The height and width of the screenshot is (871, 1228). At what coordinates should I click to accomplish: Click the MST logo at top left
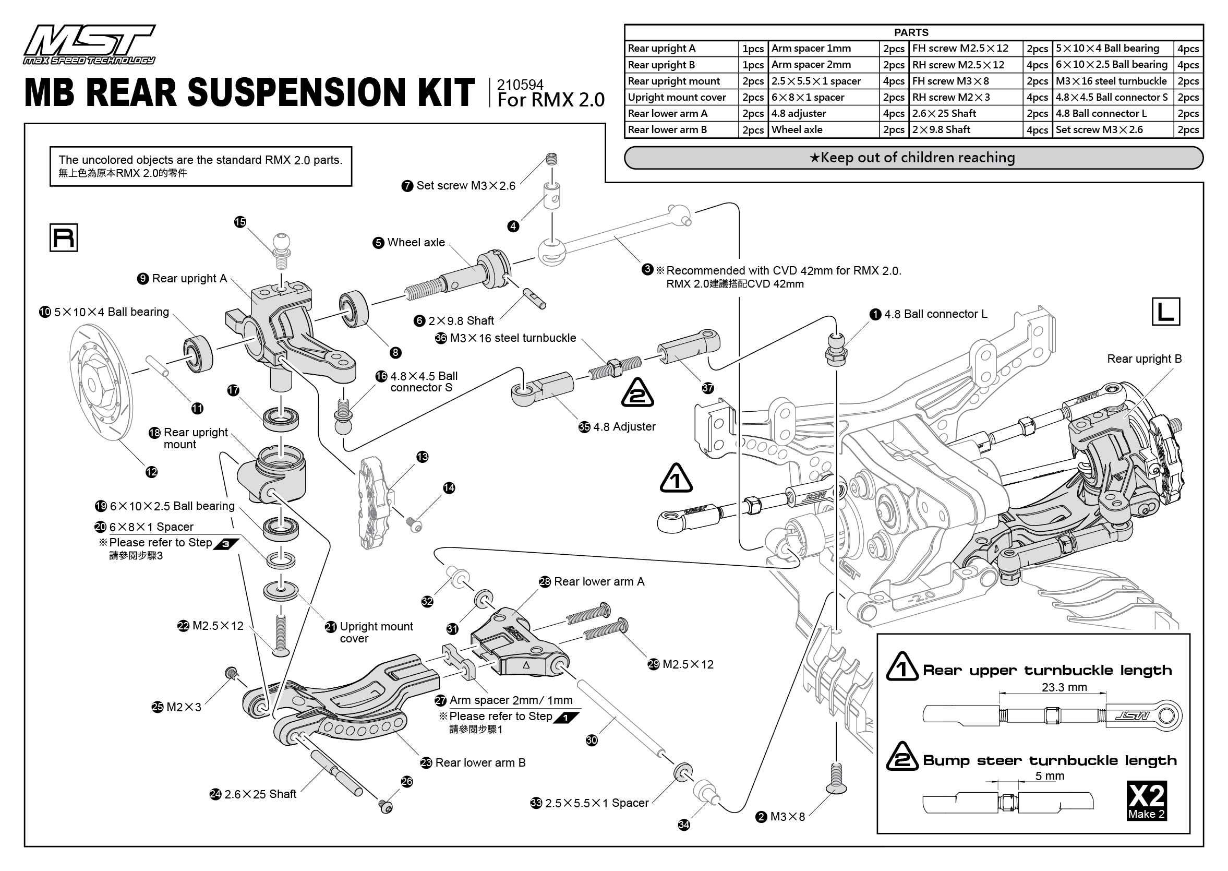coord(89,44)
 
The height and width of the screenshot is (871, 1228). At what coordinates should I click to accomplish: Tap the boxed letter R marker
coord(63,237)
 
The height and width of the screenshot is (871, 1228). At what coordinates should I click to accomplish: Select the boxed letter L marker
coord(1165,312)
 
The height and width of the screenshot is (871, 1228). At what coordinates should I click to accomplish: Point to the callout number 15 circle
coord(240,222)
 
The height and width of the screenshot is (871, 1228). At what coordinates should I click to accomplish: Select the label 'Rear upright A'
coord(189,278)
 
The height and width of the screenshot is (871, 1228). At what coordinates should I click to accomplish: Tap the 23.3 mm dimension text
coord(1064,687)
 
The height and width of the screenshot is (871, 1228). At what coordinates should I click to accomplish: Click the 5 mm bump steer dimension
coord(1049,775)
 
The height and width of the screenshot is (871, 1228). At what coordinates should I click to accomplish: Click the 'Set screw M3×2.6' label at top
coord(465,186)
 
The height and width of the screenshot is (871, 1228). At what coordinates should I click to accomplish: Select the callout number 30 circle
coord(591,740)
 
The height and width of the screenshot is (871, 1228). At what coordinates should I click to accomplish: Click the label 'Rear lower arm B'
coord(480,762)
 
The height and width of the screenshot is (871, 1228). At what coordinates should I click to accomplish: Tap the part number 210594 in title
coord(520,85)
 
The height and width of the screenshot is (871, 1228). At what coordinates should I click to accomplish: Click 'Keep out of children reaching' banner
coord(913,158)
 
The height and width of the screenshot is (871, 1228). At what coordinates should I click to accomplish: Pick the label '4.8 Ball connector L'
coord(935,314)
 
